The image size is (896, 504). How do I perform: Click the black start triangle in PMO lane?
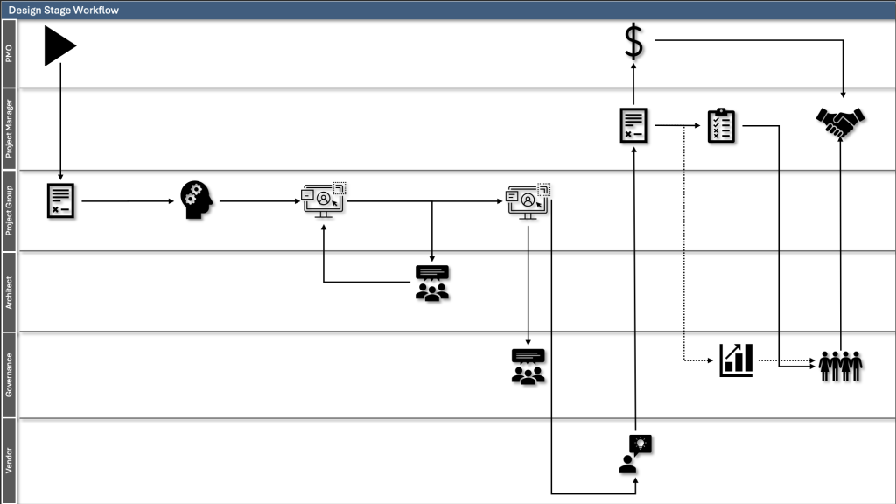pyautogui.click(x=59, y=45)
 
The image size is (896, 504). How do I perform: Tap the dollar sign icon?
pyautogui.click(x=633, y=42)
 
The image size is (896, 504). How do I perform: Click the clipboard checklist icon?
pyautogui.click(x=722, y=126)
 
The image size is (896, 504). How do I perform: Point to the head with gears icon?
pyautogui.click(x=197, y=200)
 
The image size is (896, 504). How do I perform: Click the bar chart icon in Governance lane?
pyautogui.click(x=736, y=360)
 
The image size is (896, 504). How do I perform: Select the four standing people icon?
pyautogui.click(x=841, y=365)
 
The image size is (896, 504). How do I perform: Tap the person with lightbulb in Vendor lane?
pyautogui.click(x=635, y=454)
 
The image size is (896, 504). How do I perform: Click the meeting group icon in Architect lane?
pyautogui.click(x=431, y=283)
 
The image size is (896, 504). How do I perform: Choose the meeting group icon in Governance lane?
pyautogui.click(x=528, y=367)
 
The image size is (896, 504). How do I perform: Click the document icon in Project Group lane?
pyautogui.click(x=60, y=200)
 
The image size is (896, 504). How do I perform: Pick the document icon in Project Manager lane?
pyautogui.click(x=633, y=125)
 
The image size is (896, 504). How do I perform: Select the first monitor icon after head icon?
pyautogui.click(x=324, y=200)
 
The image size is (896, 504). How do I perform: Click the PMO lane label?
pyautogui.click(x=9, y=53)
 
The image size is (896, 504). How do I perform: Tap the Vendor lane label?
pyautogui.click(x=9, y=460)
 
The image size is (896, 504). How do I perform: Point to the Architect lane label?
pyautogui.click(x=9, y=291)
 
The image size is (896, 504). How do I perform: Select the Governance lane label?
pyautogui.click(x=9, y=374)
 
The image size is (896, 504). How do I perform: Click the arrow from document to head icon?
pyautogui.click(x=127, y=201)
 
